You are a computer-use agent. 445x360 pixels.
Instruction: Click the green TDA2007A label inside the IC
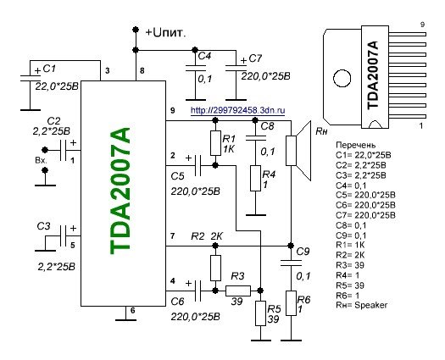(x=120, y=191)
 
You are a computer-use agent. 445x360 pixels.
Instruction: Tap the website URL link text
(x=238, y=110)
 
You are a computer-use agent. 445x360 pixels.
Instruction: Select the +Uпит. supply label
(x=166, y=33)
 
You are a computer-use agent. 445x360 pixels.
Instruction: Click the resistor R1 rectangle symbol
(x=215, y=143)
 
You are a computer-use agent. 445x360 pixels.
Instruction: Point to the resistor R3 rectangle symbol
(x=238, y=291)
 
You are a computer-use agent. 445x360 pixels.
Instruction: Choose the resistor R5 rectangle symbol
(x=260, y=313)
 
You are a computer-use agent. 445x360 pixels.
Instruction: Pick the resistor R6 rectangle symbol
(x=291, y=303)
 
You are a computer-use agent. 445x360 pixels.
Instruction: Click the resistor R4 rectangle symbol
(x=255, y=178)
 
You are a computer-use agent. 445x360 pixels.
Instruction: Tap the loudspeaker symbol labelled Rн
(x=299, y=151)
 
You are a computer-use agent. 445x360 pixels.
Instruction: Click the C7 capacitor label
(x=255, y=58)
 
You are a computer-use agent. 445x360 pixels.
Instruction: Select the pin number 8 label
(x=142, y=70)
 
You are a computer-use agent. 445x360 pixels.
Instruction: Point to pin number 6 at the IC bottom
(x=132, y=310)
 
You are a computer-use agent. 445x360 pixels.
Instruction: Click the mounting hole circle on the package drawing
(x=342, y=78)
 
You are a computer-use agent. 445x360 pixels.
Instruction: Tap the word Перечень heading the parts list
(x=356, y=145)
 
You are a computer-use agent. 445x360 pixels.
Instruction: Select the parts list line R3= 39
(x=350, y=265)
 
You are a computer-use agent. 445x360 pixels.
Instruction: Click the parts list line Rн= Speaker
(x=362, y=305)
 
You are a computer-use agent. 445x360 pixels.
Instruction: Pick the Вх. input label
(x=42, y=160)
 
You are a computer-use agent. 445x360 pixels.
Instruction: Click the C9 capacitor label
(x=303, y=252)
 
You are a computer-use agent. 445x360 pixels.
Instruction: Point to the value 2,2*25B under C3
(x=57, y=267)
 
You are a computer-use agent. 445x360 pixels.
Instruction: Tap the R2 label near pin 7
(x=197, y=236)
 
